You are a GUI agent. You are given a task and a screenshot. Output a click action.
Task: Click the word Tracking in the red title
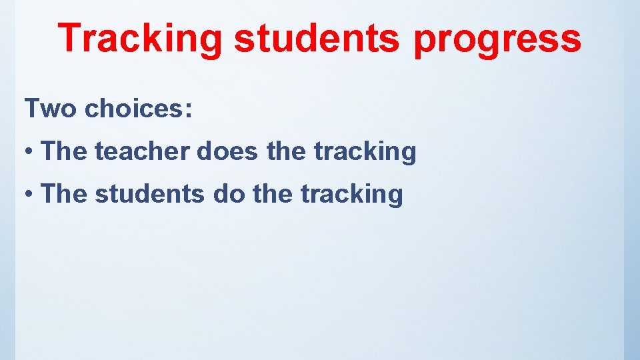pyautogui.click(x=141, y=38)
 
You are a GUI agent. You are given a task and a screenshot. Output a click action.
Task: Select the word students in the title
pyautogui.click(x=317, y=38)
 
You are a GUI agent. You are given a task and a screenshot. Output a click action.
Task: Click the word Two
pyautogui.click(x=51, y=108)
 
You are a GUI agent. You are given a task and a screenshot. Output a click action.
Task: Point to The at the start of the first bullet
pyautogui.click(x=64, y=152)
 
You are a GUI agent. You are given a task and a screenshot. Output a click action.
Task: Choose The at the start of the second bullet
pyautogui.click(x=64, y=195)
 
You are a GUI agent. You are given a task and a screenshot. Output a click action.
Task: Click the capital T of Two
pyautogui.click(x=33, y=108)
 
